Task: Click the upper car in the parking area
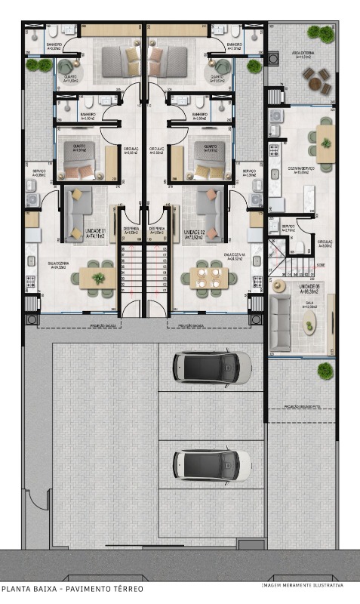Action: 211,367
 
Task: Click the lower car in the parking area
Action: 211,465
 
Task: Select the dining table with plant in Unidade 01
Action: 98,278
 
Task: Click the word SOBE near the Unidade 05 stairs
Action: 321,266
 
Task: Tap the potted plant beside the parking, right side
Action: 325,371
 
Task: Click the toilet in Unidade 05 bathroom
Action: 300,247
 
